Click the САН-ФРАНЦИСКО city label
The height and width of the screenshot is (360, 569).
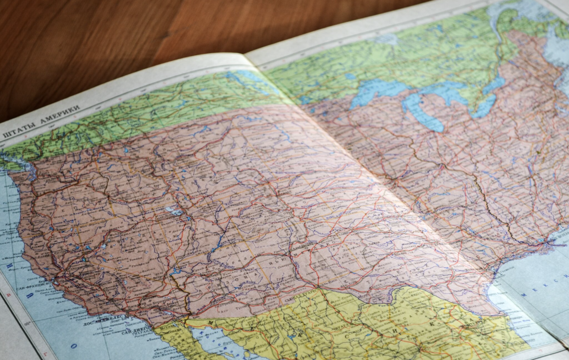(x=32, y=288)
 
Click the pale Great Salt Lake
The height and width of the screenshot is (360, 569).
(x=173, y=211)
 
